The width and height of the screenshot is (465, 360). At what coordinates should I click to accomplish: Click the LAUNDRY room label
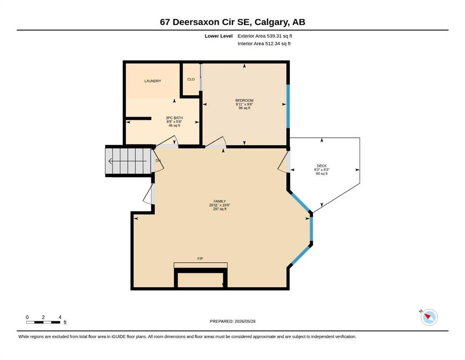point(153,81)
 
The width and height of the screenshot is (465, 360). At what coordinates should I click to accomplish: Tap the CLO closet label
point(191,79)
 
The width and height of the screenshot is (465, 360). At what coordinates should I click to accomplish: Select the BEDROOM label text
point(244,101)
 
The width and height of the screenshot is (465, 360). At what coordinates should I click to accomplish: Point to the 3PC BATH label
point(174,118)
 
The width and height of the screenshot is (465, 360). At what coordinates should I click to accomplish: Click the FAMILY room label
point(220,201)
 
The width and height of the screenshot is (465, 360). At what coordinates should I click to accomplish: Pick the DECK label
point(322,166)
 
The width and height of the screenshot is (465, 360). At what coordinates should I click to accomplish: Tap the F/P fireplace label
point(200,259)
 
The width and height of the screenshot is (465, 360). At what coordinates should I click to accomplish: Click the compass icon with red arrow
point(429,317)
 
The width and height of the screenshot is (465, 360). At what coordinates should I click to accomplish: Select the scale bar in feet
point(43,322)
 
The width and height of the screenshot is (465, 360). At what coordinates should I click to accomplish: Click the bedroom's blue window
point(288,106)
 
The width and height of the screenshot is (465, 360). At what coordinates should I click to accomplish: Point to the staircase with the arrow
point(128,161)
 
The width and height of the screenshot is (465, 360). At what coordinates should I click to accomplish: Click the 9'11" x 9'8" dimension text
point(244,105)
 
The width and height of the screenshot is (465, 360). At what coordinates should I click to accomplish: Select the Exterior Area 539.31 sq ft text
point(265,36)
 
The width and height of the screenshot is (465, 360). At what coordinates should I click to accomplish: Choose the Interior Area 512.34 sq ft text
point(264,44)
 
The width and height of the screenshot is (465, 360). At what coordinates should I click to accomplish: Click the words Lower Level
point(219,36)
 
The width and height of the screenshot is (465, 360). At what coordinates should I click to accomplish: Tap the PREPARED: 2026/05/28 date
point(232,321)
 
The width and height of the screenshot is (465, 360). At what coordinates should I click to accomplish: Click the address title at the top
point(232,22)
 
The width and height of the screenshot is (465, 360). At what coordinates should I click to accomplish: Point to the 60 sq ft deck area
point(322,173)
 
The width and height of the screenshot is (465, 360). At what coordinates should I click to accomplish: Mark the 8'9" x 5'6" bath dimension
point(174,122)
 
